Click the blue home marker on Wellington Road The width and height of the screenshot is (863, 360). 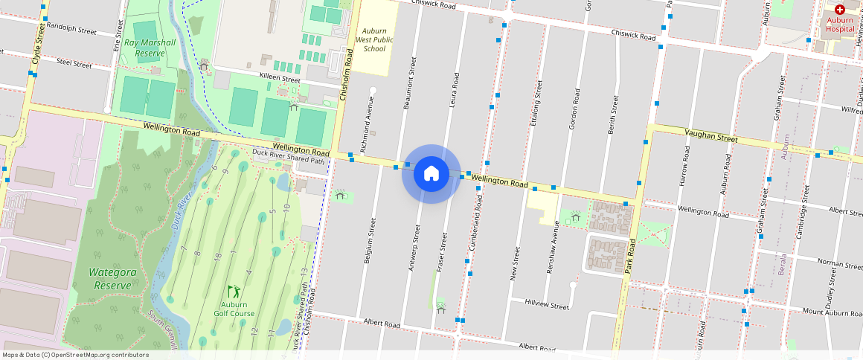pos(431,174)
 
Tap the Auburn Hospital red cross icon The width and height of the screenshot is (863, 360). pos(839,10)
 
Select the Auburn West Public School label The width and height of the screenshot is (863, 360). pos(370,39)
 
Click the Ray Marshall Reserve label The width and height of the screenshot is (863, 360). pos(150,48)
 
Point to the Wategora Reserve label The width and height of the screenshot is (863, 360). pos(111,279)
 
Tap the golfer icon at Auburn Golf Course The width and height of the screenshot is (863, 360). pos(234,292)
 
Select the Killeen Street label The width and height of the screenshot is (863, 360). pos(279,79)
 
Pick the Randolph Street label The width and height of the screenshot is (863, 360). pos(71,32)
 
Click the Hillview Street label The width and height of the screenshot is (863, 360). pos(546,305)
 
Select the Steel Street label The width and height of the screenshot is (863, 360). pos(74,65)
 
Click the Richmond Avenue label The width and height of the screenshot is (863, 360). pos(365,123)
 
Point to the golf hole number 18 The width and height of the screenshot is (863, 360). pos(217,256)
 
